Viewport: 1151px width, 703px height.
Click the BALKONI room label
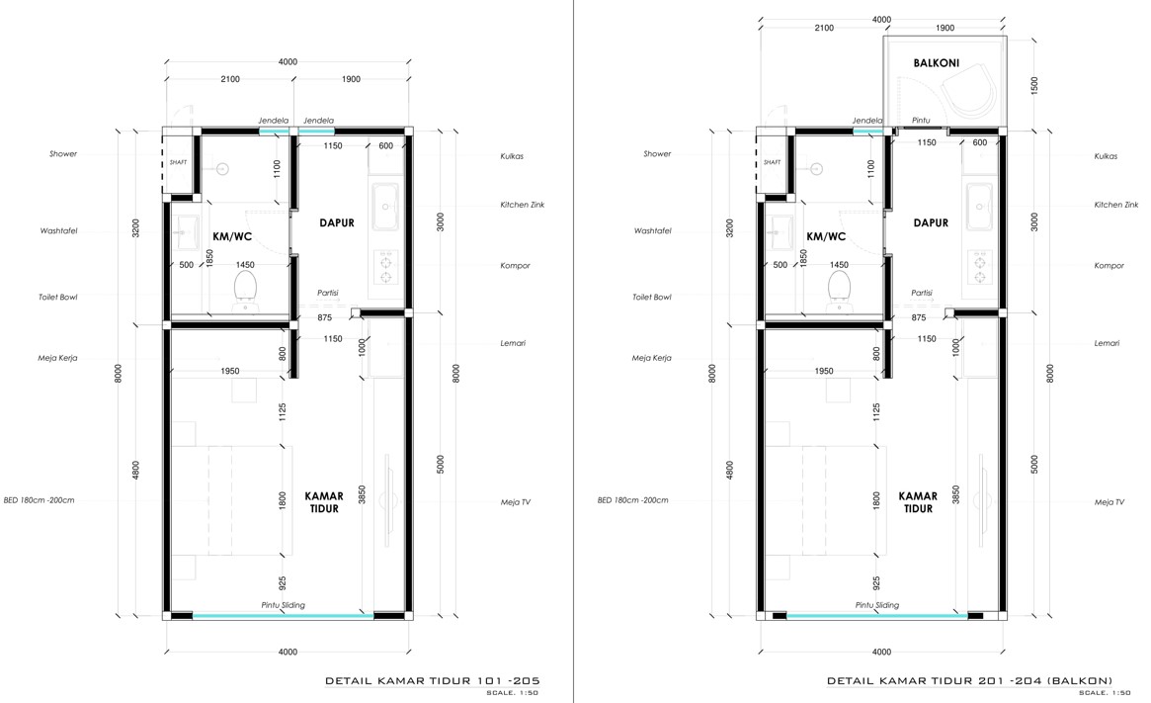(936, 63)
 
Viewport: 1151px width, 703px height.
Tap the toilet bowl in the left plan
(245, 289)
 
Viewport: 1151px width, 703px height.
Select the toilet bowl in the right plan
(839, 289)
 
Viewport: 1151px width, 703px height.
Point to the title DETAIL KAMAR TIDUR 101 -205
(433, 680)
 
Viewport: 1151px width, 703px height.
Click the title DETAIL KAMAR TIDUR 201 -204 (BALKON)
(969, 680)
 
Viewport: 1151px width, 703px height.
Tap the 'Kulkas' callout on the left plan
(512, 156)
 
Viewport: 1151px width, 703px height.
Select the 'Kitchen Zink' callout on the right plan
(1115, 205)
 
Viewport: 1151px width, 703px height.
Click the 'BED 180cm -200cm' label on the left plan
(39, 500)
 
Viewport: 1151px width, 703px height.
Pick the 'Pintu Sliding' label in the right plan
(877, 605)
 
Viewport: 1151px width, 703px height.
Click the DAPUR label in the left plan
(337, 222)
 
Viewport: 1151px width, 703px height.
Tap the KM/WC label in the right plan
(826, 236)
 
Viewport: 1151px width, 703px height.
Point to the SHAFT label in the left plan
(179, 162)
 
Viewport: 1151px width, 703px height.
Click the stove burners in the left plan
(385, 267)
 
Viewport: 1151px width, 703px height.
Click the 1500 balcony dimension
(1035, 85)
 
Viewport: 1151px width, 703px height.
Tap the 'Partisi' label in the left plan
(327, 293)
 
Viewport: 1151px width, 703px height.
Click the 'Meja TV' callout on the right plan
(1110, 502)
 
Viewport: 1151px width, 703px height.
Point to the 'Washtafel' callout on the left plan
(58, 230)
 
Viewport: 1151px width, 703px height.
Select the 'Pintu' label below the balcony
(921, 121)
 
